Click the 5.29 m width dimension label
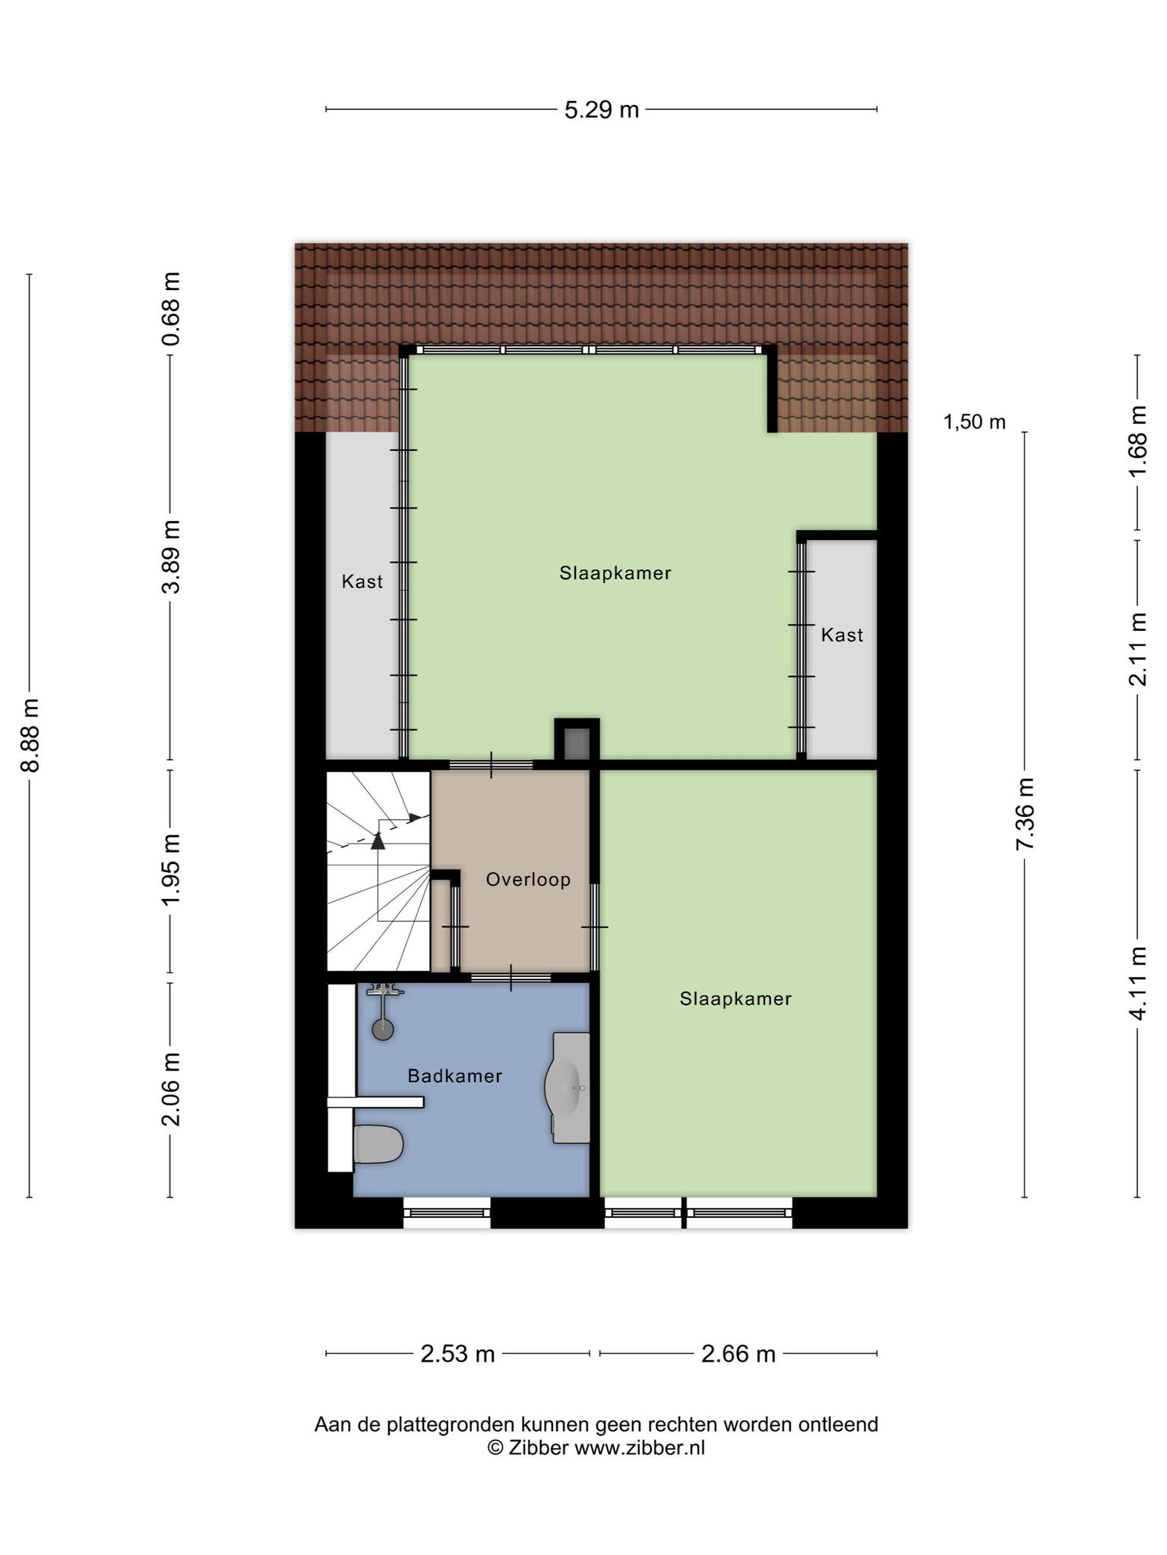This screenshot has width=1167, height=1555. tap(602, 110)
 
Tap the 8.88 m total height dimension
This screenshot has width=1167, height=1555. tap(30, 735)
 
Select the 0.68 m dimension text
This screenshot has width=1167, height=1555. tap(171, 309)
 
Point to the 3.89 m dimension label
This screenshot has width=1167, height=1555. tap(171, 557)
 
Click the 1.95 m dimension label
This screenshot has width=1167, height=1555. tap(171, 869)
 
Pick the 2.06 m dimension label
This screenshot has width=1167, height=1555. tap(171, 1090)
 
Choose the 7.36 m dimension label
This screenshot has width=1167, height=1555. tap(1025, 814)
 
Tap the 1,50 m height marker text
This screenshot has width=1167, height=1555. tap(975, 421)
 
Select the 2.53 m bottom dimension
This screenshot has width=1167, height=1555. tap(458, 1354)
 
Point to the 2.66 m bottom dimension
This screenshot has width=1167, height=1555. tap(738, 1354)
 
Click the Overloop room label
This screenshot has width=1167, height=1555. tap(528, 879)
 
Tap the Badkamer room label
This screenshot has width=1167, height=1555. tap(455, 1076)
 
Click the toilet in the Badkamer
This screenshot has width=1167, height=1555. tap(378, 1144)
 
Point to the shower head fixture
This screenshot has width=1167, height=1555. tap(383, 1010)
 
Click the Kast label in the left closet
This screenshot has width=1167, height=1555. tap(362, 582)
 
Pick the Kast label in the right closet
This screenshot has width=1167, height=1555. tap(842, 635)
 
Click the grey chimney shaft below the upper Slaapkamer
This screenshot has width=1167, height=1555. tap(577, 744)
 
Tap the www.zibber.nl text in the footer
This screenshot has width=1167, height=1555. tap(640, 1448)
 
